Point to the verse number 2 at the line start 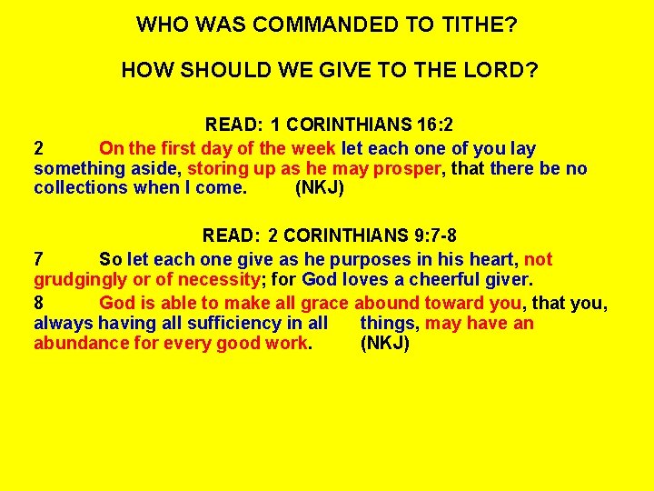[39, 148]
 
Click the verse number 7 [39, 260]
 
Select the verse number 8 [39, 303]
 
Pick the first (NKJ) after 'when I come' [320, 188]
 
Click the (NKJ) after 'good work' [384, 344]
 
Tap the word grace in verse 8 [324, 303]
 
